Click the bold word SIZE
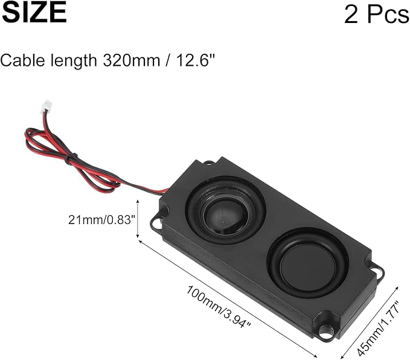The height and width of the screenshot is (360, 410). point(34,13)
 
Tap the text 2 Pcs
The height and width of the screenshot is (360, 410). point(377,14)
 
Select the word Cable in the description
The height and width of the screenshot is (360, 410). point(23,60)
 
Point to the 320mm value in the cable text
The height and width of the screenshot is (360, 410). point(131,60)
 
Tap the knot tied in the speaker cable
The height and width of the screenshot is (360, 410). point(71,158)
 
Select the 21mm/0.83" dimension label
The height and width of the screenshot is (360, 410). point(102,219)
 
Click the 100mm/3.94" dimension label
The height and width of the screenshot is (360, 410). point(219,306)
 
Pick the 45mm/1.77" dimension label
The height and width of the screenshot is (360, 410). point(379,329)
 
